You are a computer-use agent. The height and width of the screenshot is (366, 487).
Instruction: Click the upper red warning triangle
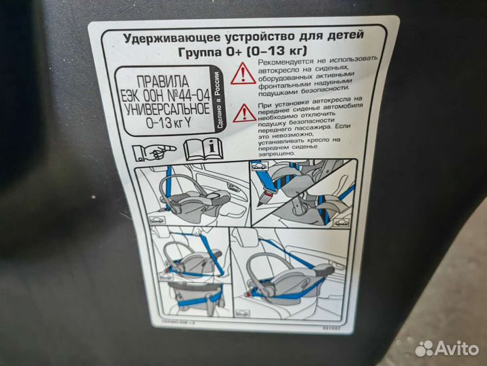[x=243, y=74]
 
